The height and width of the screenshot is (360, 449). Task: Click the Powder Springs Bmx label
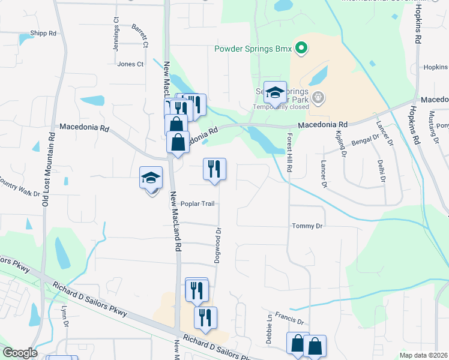(x=254, y=49)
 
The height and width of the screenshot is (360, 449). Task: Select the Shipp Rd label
(x=43, y=34)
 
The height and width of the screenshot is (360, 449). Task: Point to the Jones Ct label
(x=131, y=64)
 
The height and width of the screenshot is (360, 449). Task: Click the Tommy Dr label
(x=307, y=226)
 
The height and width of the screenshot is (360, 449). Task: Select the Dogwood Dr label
(x=219, y=244)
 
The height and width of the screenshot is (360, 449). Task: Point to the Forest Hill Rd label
(x=289, y=153)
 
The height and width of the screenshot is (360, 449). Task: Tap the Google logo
(x=20, y=353)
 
